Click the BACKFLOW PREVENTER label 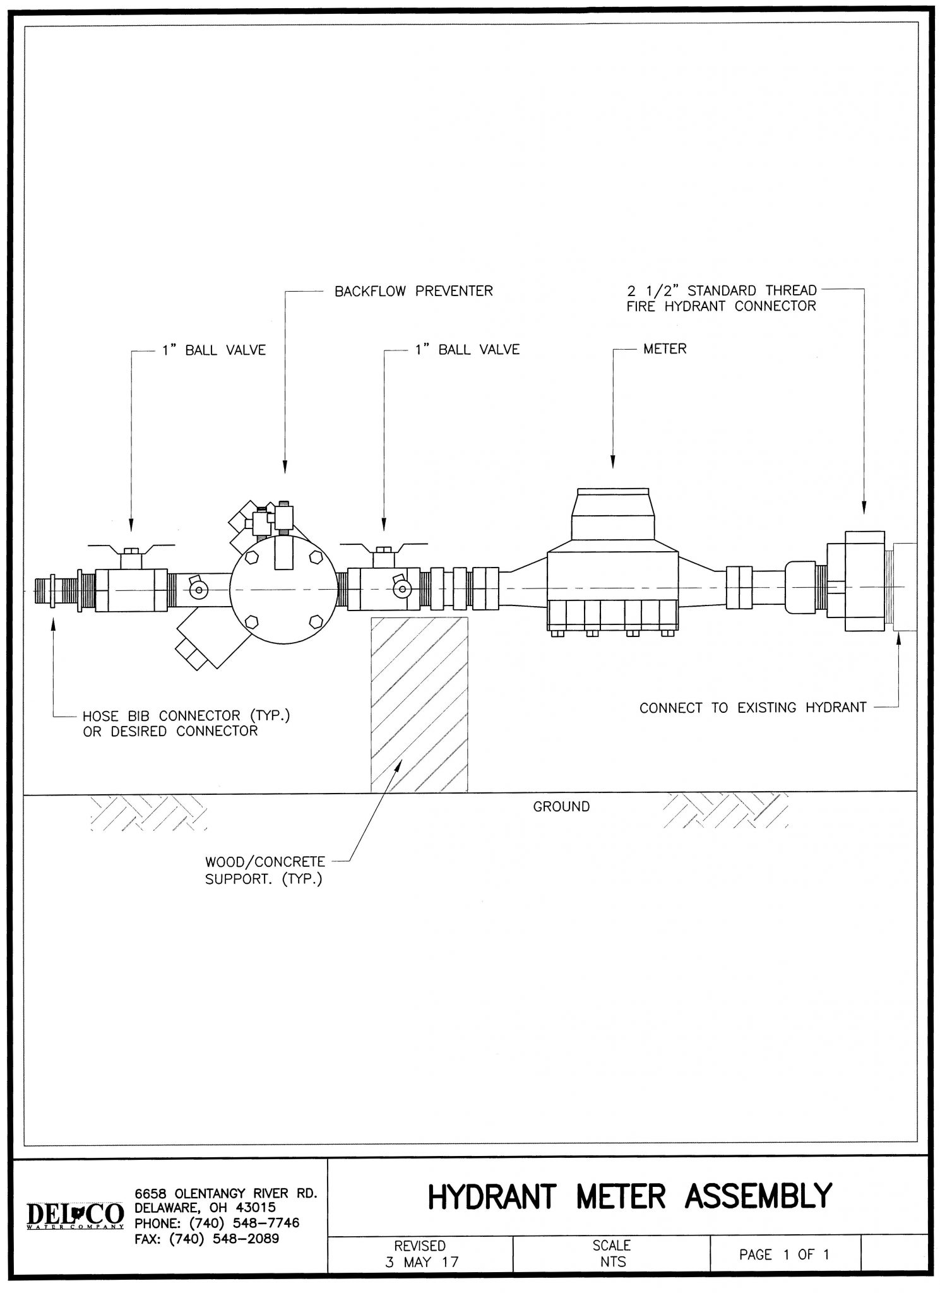pos(413,291)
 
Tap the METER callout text pos(664,349)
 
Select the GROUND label pos(561,806)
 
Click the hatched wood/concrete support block pos(419,703)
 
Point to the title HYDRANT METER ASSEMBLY pos(629,1196)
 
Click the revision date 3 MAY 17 pos(422,1262)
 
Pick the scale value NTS pos(612,1261)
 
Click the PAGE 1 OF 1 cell pos(784,1254)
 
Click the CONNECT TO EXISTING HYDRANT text pos(753,708)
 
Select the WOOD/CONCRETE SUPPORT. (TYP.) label pos(265,870)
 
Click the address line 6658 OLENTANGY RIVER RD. pos(225,1193)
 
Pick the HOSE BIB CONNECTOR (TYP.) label pos(186,716)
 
